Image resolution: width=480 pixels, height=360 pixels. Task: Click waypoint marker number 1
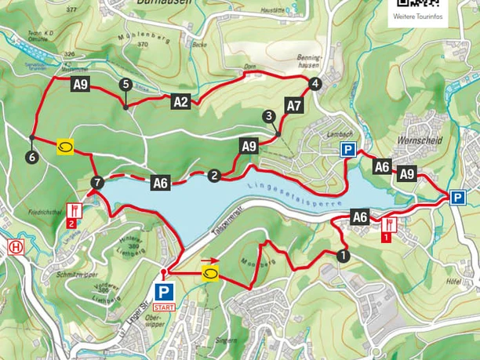[342, 255]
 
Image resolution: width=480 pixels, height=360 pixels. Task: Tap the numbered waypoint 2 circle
[213, 176]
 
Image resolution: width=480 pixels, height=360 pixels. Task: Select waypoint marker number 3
[269, 116]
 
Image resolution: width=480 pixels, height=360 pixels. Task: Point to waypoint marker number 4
[315, 84]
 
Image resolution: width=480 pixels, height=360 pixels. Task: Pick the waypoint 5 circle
[125, 84]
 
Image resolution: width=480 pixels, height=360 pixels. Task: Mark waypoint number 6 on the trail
[31, 158]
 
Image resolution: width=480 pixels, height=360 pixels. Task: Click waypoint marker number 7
[96, 183]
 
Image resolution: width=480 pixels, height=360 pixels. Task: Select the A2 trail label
[180, 100]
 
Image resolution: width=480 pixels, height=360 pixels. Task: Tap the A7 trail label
[293, 105]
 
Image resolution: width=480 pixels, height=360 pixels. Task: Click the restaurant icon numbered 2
[73, 214]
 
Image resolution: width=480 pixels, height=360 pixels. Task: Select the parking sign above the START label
[165, 291]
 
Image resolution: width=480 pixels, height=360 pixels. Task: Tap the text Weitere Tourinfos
[416, 16]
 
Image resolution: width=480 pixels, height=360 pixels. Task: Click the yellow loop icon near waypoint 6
[64, 147]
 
